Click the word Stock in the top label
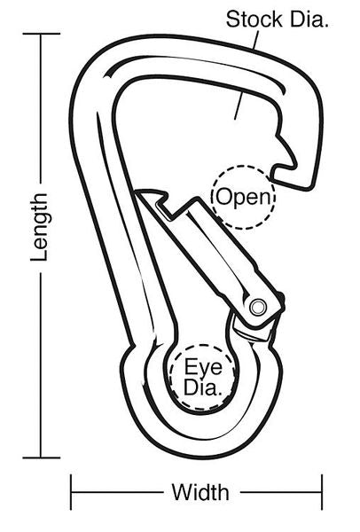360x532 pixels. [254, 20]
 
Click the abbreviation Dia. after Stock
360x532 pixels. [309, 20]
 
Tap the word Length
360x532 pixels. [39, 227]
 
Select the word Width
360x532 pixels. [200, 492]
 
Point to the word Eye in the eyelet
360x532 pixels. [203, 366]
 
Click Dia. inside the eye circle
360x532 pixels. [202, 387]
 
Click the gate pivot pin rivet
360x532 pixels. [257, 307]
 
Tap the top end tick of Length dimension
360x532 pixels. [42, 34]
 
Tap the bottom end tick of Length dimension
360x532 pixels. [42, 458]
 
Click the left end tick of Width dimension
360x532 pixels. [71, 492]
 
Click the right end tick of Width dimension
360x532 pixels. [322, 492]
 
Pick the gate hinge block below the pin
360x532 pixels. [253, 331]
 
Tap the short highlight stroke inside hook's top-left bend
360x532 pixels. [112, 72]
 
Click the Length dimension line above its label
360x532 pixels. [42, 108]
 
